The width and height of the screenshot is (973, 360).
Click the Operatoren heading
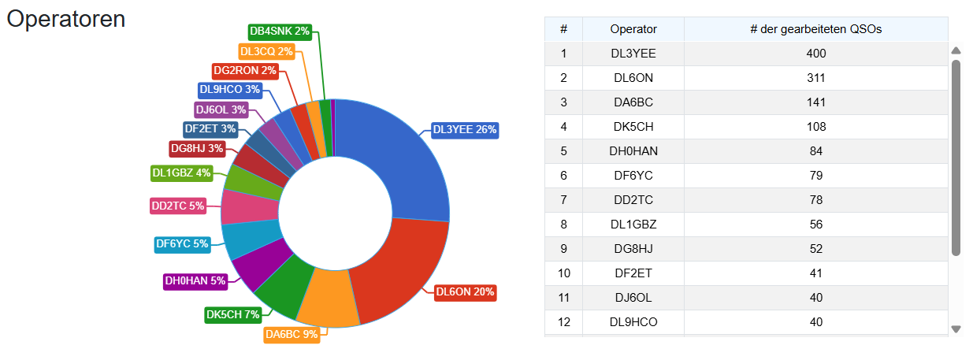click(x=66, y=19)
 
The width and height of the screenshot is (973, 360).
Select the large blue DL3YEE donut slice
click(x=404, y=165)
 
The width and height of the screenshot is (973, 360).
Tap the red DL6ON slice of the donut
click(x=399, y=269)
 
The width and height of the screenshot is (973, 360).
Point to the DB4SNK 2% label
click(x=280, y=32)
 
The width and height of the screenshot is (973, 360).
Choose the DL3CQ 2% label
click(x=266, y=52)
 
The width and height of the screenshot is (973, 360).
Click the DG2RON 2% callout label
click(x=245, y=70)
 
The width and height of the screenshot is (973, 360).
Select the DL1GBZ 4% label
click(x=181, y=173)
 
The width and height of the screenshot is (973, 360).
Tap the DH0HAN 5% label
click(x=195, y=281)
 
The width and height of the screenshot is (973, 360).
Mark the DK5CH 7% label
click(x=233, y=315)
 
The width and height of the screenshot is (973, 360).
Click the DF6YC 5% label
click(x=183, y=244)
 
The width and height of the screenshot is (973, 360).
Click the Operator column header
click(x=633, y=29)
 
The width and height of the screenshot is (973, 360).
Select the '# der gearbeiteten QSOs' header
click(x=815, y=29)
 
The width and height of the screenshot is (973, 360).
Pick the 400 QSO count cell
click(x=815, y=54)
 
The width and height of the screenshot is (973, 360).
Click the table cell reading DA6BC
click(x=633, y=102)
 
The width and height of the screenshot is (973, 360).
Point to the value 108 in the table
click(x=815, y=126)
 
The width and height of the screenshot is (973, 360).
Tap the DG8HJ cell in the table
click(x=633, y=248)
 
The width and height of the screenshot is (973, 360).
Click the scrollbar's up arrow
click(x=956, y=50)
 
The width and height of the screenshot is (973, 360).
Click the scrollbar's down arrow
click(x=956, y=329)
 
